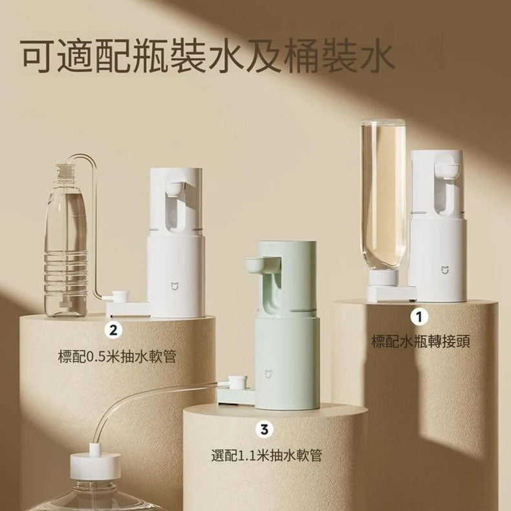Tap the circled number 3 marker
click(x=264, y=428)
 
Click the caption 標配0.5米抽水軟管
click(x=117, y=356)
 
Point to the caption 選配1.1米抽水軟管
click(x=267, y=455)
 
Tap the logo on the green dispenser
click(x=268, y=373)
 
